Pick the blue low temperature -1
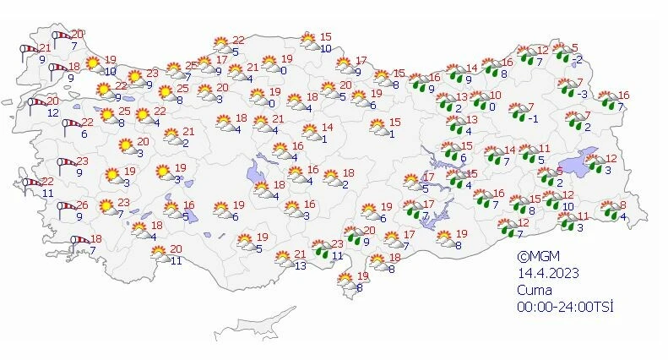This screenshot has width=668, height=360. (534, 118)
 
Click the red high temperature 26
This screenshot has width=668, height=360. (82, 205)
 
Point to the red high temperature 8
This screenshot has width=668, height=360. (622, 205)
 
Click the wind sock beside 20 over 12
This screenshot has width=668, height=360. (36, 105)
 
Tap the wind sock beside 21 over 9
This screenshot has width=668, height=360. (26, 51)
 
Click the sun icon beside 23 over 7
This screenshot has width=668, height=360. (106, 206)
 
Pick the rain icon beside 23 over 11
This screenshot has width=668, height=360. (321, 248)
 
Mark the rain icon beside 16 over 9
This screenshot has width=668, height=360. (418, 82)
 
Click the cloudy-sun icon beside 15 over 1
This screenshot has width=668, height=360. (377, 128)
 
